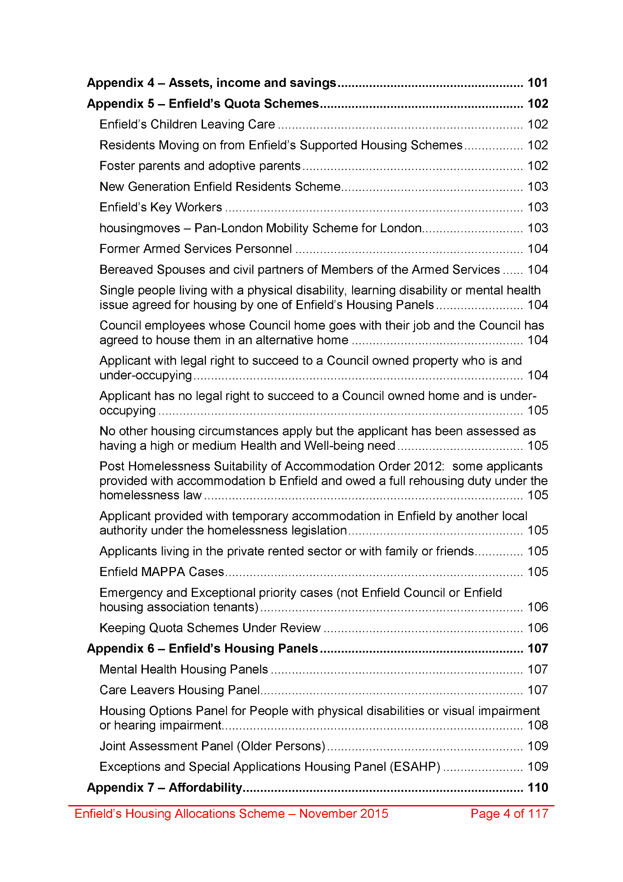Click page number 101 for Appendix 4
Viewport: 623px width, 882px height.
(x=538, y=83)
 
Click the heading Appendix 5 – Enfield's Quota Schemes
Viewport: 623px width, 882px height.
(x=203, y=104)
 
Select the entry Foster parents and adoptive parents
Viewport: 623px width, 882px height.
(x=200, y=166)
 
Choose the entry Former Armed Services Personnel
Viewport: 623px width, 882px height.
(x=196, y=249)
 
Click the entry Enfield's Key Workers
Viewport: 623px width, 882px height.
(x=160, y=207)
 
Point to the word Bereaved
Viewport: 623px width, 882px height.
(x=127, y=270)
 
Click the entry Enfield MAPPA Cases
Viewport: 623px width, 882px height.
(x=162, y=572)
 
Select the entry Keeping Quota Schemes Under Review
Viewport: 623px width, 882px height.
(x=210, y=628)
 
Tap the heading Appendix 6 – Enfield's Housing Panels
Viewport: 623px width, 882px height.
(x=203, y=649)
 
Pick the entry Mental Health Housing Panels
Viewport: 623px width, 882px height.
(x=184, y=669)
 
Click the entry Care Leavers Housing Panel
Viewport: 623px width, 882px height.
(x=179, y=690)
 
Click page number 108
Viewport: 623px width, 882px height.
(x=538, y=725)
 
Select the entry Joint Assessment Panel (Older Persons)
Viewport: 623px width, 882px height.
(x=212, y=746)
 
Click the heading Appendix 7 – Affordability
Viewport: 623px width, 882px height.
(x=165, y=788)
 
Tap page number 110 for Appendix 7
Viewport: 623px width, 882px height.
(x=538, y=788)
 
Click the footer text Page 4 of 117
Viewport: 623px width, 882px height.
(x=509, y=814)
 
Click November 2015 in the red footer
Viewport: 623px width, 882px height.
(x=344, y=814)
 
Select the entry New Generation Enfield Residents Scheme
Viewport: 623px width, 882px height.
(x=220, y=187)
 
